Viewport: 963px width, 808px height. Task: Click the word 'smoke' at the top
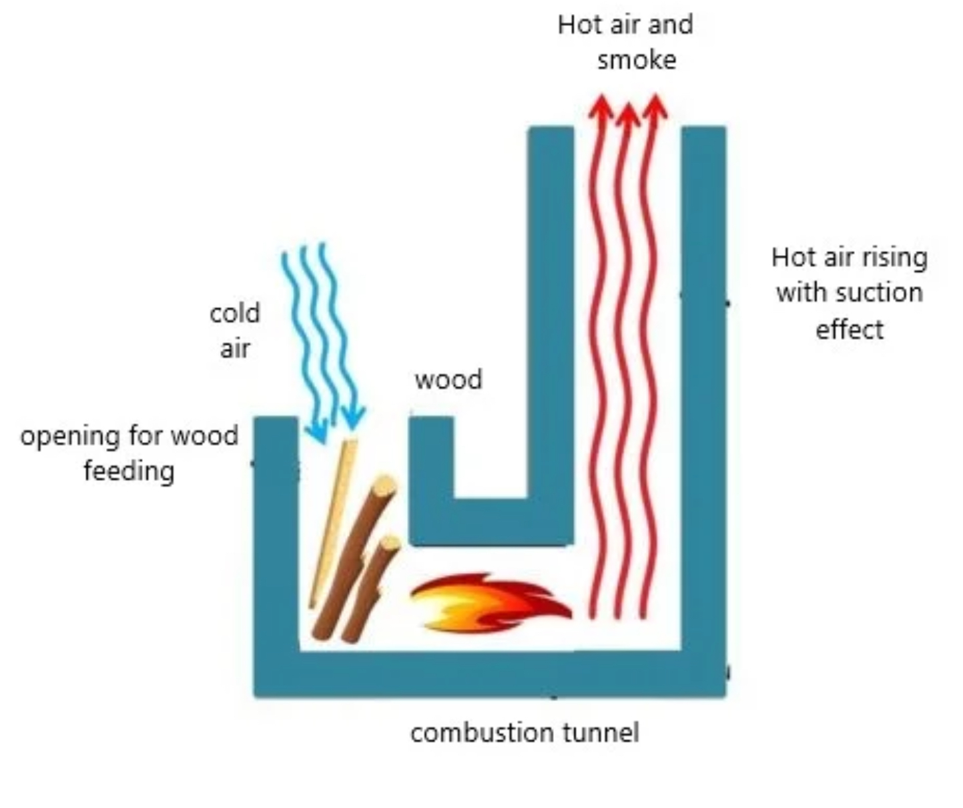pyautogui.click(x=636, y=61)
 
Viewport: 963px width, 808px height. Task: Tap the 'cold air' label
pyautogui.click(x=234, y=331)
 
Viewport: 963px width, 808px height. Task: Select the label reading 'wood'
pyautogui.click(x=448, y=380)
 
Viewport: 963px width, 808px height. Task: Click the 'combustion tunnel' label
pyautogui.click(x=525, y=733)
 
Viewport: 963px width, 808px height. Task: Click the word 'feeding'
pyautogui.click(x=129, y=471)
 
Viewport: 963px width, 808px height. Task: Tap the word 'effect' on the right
pyautogui.click(x=849, y=330)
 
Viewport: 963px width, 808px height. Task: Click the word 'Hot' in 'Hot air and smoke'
pyautogui.click(x=575, y=25)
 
